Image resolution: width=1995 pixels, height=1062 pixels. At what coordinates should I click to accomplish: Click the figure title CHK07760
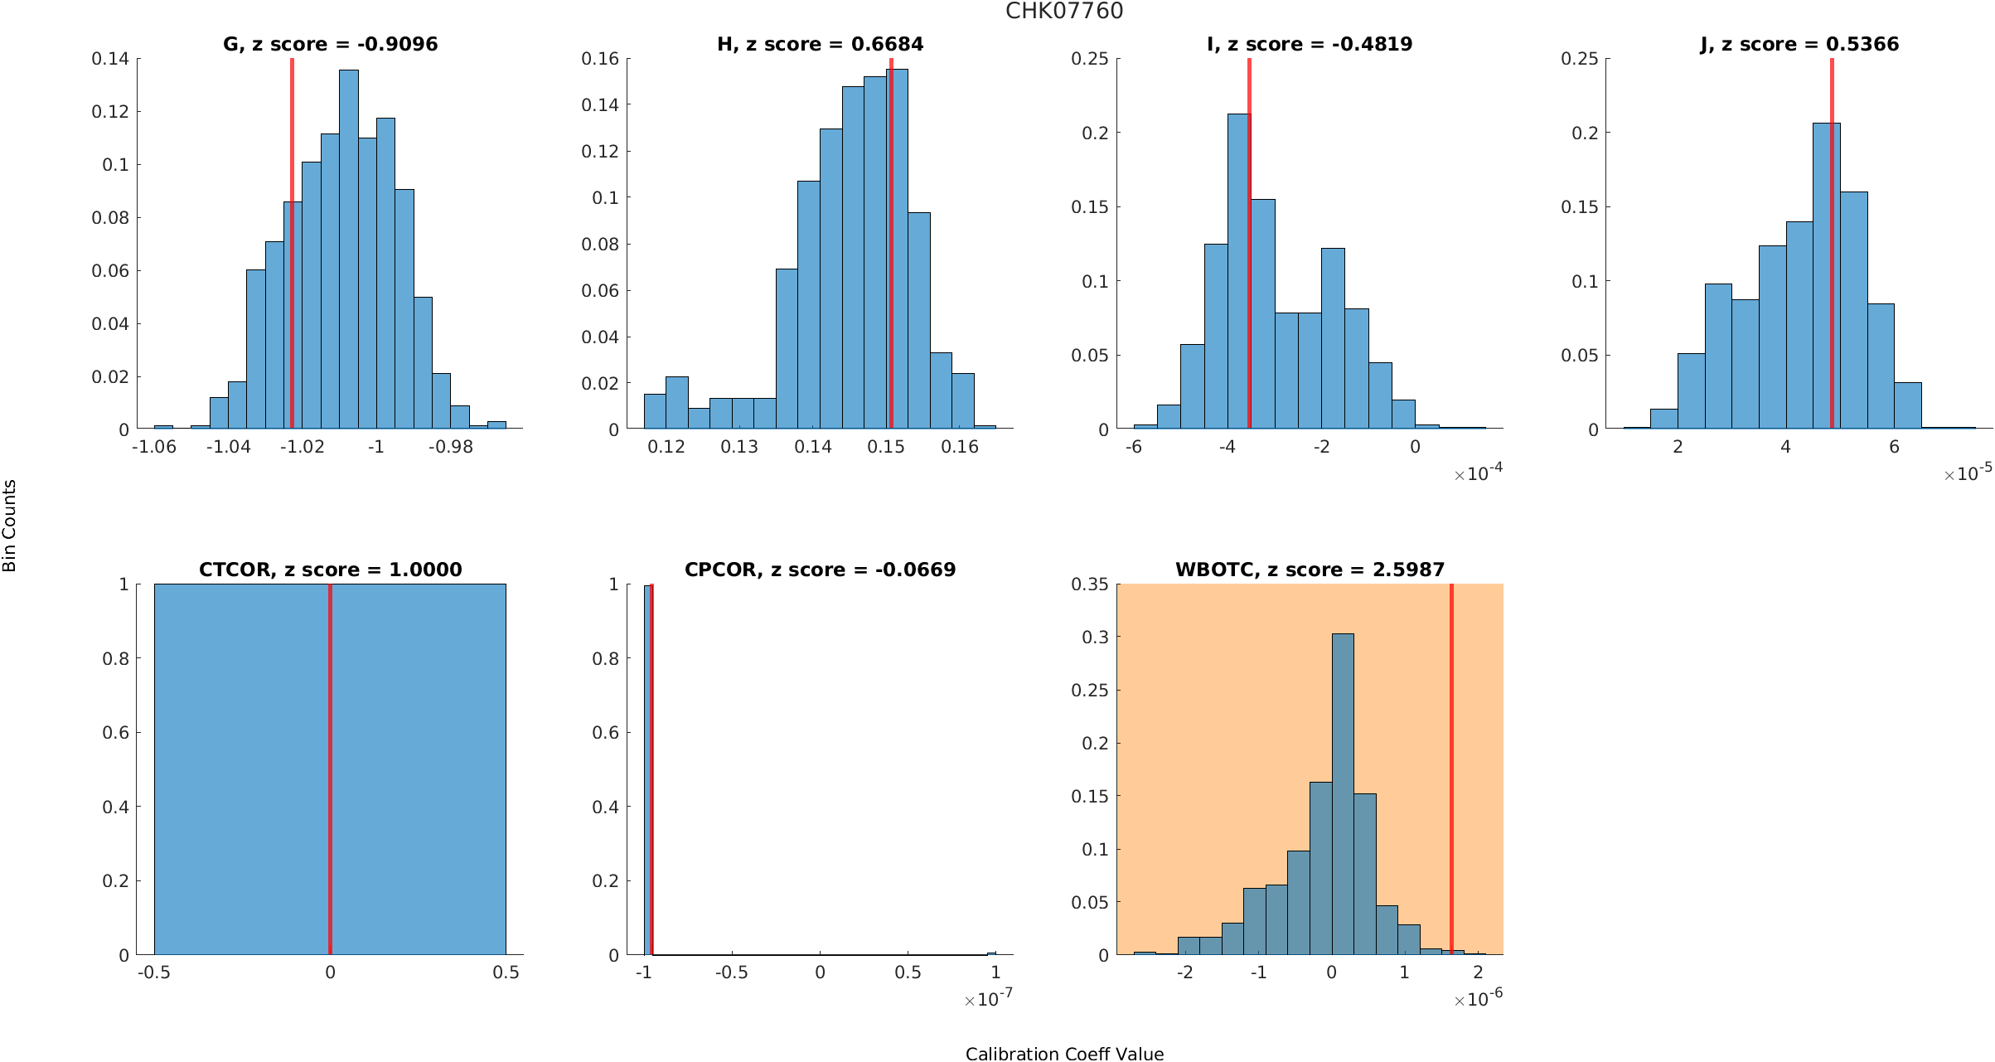(1064, 11)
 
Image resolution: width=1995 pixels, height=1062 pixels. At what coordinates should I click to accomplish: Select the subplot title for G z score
(330, 44)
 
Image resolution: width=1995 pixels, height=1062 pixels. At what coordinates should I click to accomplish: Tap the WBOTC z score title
(1310, 570)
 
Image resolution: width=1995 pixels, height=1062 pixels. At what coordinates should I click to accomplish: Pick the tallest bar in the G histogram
(349, 249)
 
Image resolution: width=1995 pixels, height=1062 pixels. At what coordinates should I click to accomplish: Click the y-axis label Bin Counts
(10, 526)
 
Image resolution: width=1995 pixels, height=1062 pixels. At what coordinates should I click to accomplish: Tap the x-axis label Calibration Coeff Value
(1064, 1053)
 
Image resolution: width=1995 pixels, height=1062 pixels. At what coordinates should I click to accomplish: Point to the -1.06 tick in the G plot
(154, 447)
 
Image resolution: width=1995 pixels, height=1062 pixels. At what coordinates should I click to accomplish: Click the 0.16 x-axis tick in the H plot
(960, 447)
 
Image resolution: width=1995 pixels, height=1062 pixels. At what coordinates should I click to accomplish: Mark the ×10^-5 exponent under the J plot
(1968, 473)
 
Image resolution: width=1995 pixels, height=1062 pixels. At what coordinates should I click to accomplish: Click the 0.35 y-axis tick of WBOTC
(1089, 584)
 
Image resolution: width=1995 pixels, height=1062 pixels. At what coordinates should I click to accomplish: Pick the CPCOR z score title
(820, 570)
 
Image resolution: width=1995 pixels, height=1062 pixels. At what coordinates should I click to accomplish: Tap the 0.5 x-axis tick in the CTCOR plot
(506, 972)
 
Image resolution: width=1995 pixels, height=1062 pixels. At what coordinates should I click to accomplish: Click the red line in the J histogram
(1832, 249)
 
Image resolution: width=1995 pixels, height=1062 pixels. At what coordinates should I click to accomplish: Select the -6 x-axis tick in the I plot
(1133, 447)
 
